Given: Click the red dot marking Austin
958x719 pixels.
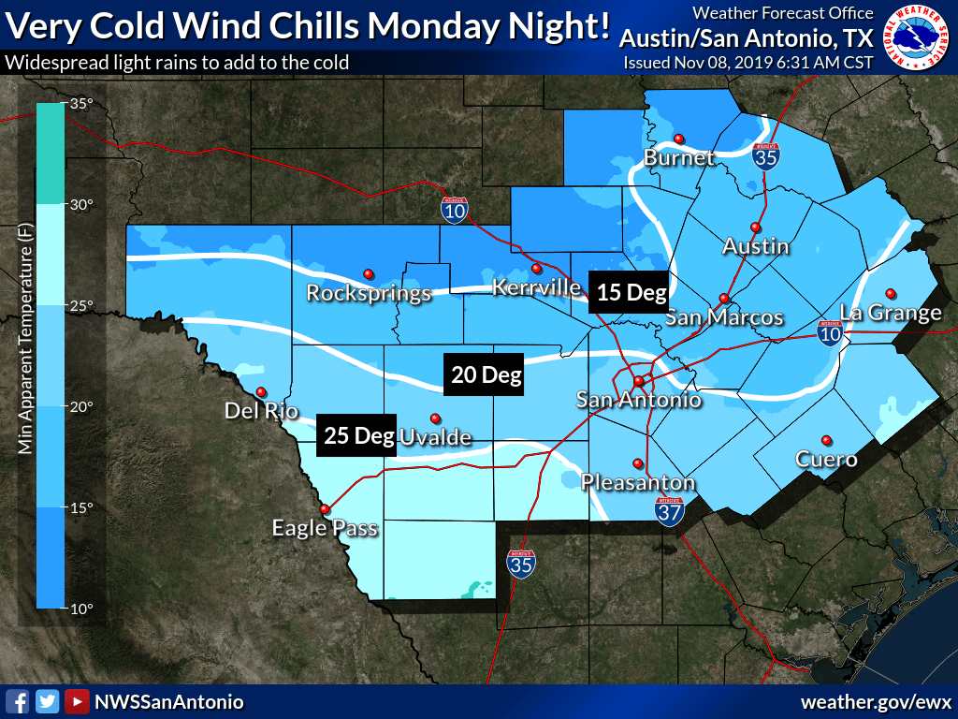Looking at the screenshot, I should (755, 227).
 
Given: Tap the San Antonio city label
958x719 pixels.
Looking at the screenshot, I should (638, 401).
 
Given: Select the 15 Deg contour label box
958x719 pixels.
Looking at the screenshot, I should (631, 292).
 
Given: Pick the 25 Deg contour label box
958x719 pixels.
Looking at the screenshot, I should (356, 435).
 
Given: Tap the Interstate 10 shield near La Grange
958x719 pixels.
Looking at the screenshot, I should (828, 331).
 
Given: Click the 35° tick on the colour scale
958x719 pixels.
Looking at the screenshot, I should (81, 104).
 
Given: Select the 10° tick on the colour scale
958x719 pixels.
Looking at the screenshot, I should (81, 609).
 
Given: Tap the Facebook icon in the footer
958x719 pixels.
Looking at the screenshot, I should (16, 701).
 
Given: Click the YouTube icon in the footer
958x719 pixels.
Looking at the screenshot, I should (77, 701).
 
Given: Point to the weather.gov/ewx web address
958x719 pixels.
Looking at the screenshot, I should (875, 701).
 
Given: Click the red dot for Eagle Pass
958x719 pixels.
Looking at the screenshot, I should (325, 508).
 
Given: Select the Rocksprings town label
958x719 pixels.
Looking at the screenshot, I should (369, 293).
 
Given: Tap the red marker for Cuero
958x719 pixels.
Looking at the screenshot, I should (826, 440).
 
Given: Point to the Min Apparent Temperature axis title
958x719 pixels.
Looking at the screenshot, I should (25, 356).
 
